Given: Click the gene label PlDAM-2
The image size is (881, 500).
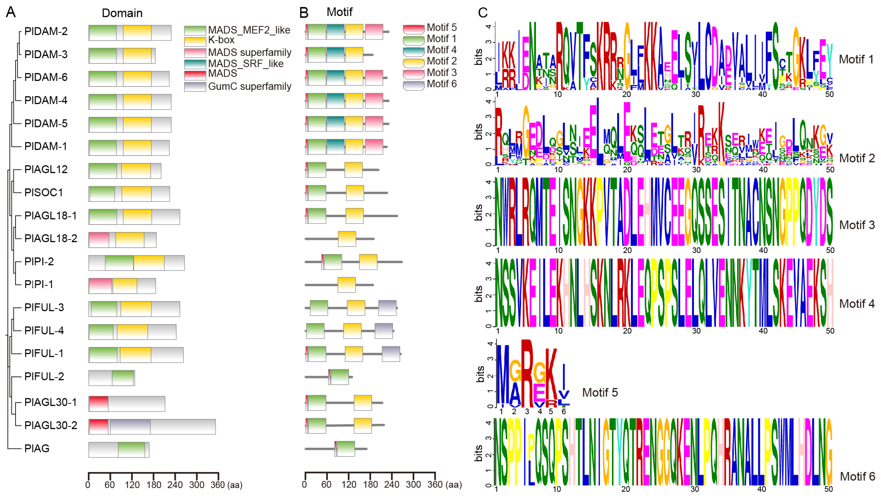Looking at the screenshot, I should pyautogui.click(x=46, y=31).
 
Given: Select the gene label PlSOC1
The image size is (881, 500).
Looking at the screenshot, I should pyautogui.click(x=44, y=192).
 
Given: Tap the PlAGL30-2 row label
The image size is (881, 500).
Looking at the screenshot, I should pyautogui.click(x=50, y=425).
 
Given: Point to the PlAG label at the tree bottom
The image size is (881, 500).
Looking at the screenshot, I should pyautogui.click(x=37, y=448).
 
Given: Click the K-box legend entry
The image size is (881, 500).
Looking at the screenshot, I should pyautogui.click(x=221, y=40).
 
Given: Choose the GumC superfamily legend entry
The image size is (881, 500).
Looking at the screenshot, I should pyautogui.click(x=249, y=86).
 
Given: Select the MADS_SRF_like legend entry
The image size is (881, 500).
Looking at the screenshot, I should pyautogui.click(x=245, y=64).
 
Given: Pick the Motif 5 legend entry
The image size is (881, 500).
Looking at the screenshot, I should pyautogui.click(x=441, y=27).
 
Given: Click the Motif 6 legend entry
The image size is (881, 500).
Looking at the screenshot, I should pyautogui.click(x=441, y=84).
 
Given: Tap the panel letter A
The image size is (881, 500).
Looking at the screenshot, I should pyautogui.click(x=11, y=12).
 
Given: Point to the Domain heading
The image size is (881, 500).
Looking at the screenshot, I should pyautogui.click(x=122, y=13).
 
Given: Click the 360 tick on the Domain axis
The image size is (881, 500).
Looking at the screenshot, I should pyautogui.click(x=218, y=485).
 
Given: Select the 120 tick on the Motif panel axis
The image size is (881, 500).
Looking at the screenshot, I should pyautogui.click(x=349, y=485).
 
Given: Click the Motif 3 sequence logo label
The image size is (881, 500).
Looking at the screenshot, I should pyautogui.click(x=857, y=225).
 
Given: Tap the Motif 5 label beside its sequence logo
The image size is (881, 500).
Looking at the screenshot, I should pyautogui.click(x=600, y=392).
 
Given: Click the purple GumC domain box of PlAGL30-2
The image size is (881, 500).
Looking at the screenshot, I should pyautogui.click(x=130, y=426).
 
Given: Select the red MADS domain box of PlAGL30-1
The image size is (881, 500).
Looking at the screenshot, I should pyautogui.click(x=99, y=403).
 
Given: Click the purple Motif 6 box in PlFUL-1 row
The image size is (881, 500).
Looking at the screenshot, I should pyautogui.click(x=391, y=354).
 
